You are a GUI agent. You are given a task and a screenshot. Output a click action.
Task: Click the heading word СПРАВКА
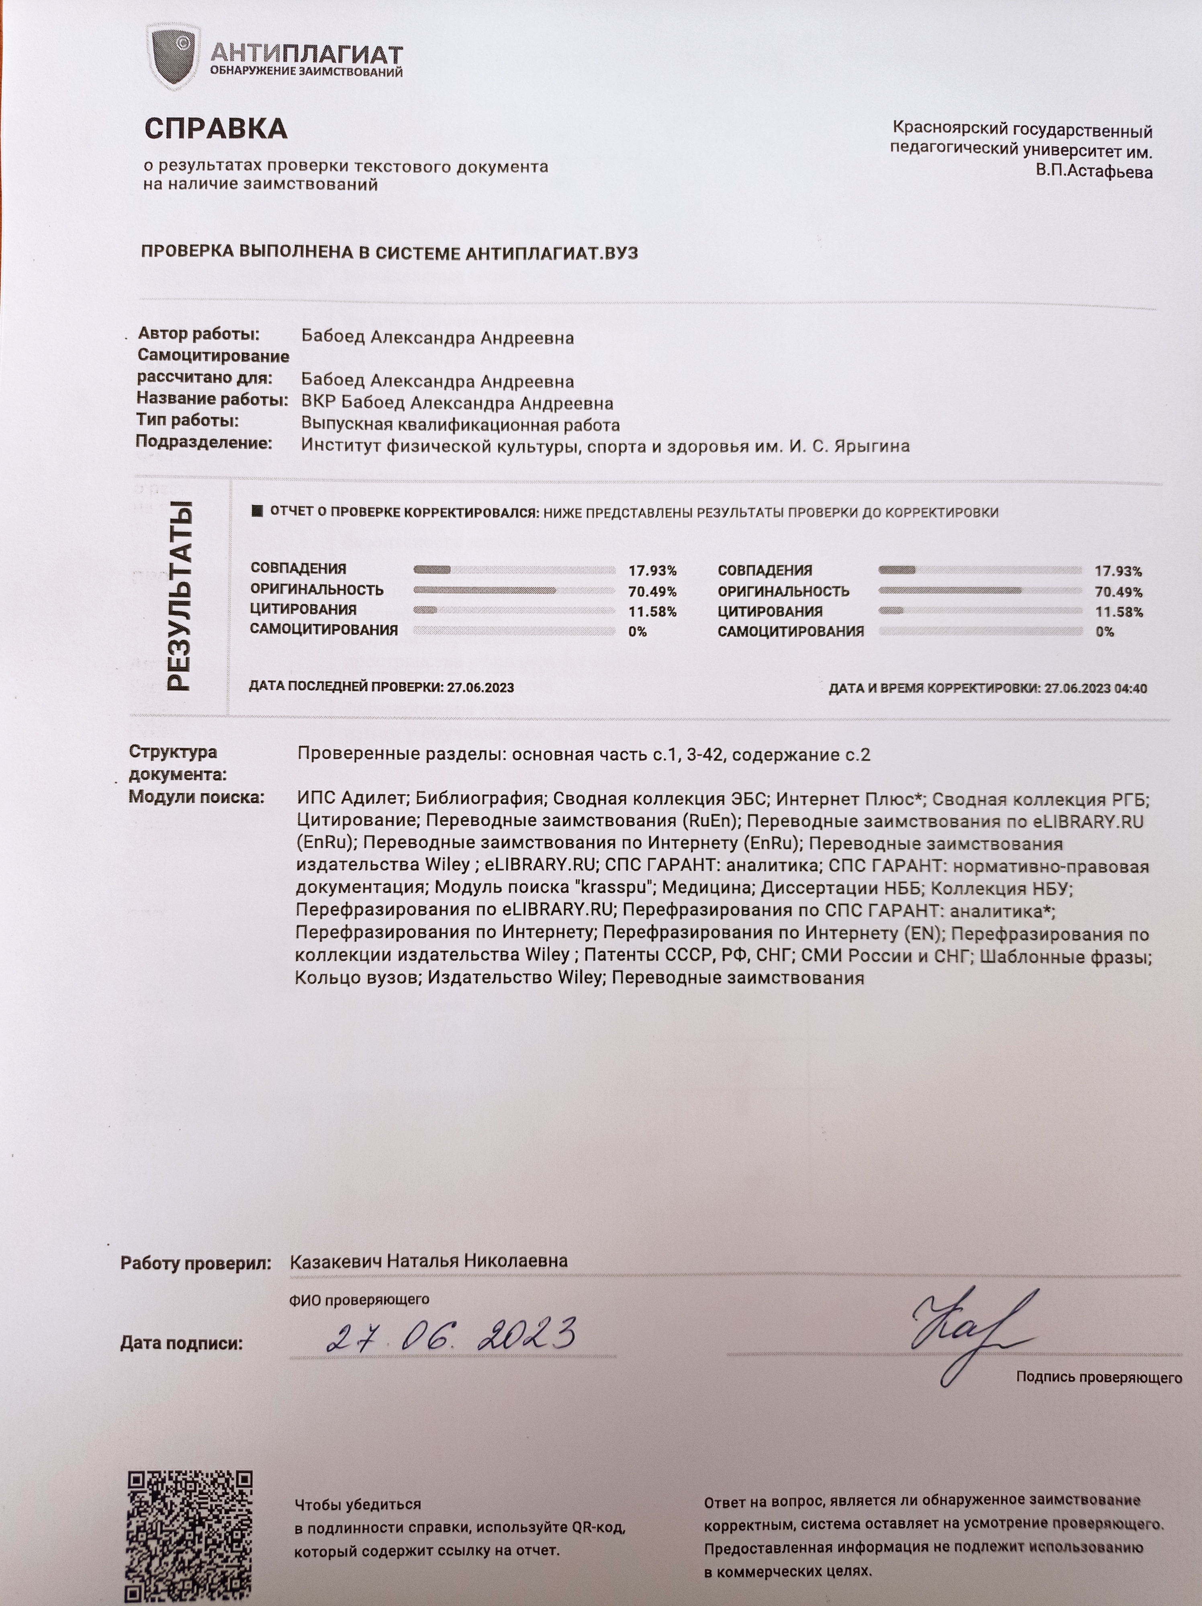pos(216,129)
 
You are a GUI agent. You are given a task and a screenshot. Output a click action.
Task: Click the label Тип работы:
pos(187,420)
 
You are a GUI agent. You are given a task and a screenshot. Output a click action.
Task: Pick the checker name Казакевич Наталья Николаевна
pos(429,1261)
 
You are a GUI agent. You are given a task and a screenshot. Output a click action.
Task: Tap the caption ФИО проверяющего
pos(359,1300)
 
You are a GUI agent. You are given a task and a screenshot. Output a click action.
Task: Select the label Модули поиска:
pos(196,797)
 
